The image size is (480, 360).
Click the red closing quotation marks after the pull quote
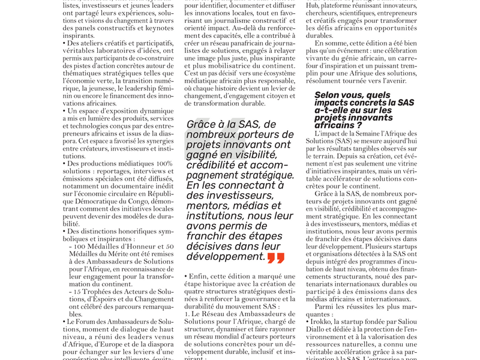pyautogui.click(x=276, y=258)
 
